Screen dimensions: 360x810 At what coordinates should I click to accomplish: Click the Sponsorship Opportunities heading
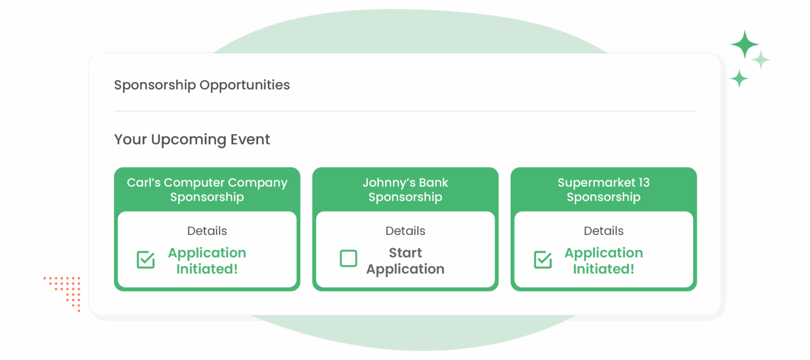coord(202,85)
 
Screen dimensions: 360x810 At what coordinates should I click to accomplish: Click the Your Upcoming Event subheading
coord(192,139)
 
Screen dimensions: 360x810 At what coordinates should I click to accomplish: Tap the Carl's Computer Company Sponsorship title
coord(207,189)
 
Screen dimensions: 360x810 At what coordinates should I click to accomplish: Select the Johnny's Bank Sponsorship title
coord(405,189)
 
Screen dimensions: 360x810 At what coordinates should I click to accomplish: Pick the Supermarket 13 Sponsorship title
coord(603,189)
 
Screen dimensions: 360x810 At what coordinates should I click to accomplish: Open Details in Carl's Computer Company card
coord(207,231)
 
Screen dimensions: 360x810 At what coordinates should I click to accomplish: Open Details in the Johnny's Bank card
coord(405,231)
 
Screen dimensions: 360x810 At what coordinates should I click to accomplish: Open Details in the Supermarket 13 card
coord(603,231)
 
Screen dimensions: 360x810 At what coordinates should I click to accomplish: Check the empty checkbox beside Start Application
coord(348,259)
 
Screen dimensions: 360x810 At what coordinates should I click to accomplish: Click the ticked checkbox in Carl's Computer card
coord(146,260)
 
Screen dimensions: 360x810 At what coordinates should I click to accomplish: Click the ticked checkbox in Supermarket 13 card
coord(543,260)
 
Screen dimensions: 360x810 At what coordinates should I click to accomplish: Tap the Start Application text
coord(405,261)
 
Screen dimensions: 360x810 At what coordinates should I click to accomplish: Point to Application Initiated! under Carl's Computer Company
coord(207,261)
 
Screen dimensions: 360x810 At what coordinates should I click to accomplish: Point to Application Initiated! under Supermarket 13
coord(603,261)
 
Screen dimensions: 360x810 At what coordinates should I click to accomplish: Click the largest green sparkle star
coord(745,45)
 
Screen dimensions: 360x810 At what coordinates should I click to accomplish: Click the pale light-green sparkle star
coord(761,59)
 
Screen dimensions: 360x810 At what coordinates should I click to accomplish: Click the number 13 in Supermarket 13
coord(642,182)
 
